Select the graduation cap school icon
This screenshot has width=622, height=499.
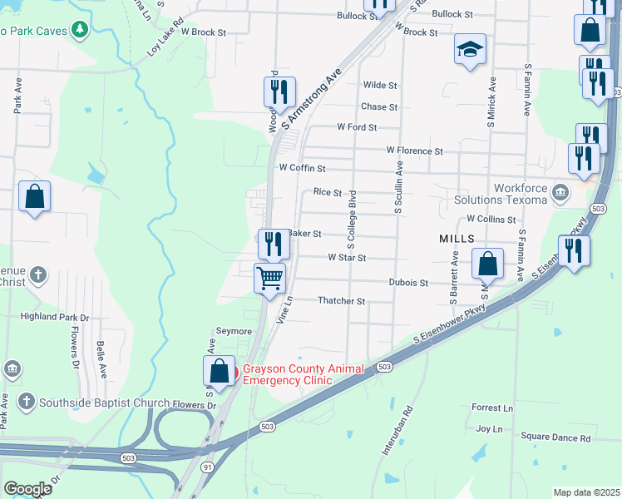pos(470,49)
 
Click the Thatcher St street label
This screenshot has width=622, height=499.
pos(341,301)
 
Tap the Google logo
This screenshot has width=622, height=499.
pos(27,489)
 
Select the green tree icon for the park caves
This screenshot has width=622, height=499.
pos(80,31)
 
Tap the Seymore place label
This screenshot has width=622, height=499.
pos(234,332)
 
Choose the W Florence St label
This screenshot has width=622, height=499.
pos(414,151)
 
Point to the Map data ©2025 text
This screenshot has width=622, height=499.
pos(585,492)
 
